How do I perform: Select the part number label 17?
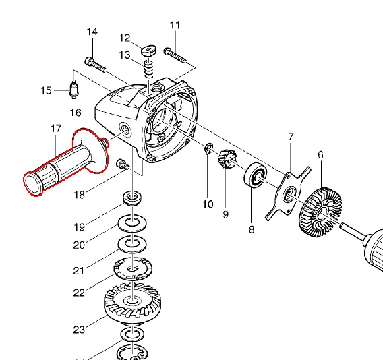(x=56, y=129)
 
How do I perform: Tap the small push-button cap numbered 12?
(x=148, y=51)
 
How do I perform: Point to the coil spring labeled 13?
(x=148, y=68)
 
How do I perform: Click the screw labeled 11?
(x=175, y=55)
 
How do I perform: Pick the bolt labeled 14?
(x=96, y=65)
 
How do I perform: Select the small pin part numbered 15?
(x=74, y=90)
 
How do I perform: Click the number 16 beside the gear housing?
(x=76, y=113)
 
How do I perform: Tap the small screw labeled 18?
(x=123, y=164)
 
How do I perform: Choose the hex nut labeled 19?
(x=133, y=198)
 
